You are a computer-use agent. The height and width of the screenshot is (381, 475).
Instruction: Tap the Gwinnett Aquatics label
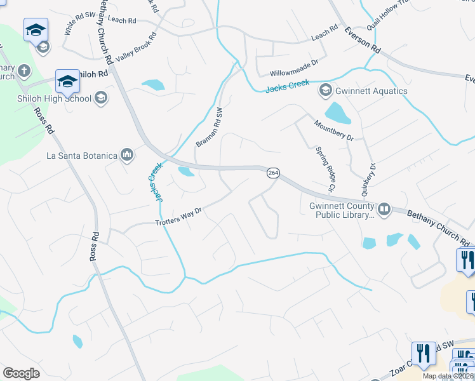(372, 91)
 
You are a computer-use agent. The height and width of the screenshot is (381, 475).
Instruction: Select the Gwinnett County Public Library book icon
(384, 209)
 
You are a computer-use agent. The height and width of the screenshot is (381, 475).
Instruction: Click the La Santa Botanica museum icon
(127, 155)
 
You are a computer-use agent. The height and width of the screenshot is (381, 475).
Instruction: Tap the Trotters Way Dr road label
(178, 220)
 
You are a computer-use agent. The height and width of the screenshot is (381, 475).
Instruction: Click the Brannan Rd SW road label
(211, 127)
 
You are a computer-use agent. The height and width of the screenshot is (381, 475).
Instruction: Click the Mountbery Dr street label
(334, 130)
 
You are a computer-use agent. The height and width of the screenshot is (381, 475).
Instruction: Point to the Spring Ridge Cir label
(325, 169)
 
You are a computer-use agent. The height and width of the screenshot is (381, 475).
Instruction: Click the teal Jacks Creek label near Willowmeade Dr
(288, 84)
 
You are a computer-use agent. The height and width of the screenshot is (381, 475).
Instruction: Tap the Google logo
(21, 373)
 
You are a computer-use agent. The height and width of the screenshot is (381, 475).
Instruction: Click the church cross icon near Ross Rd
(23, 70)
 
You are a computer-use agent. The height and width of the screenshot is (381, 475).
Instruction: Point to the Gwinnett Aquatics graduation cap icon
(326, 90)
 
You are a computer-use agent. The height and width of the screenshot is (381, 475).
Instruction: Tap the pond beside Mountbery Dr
(341, 113)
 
